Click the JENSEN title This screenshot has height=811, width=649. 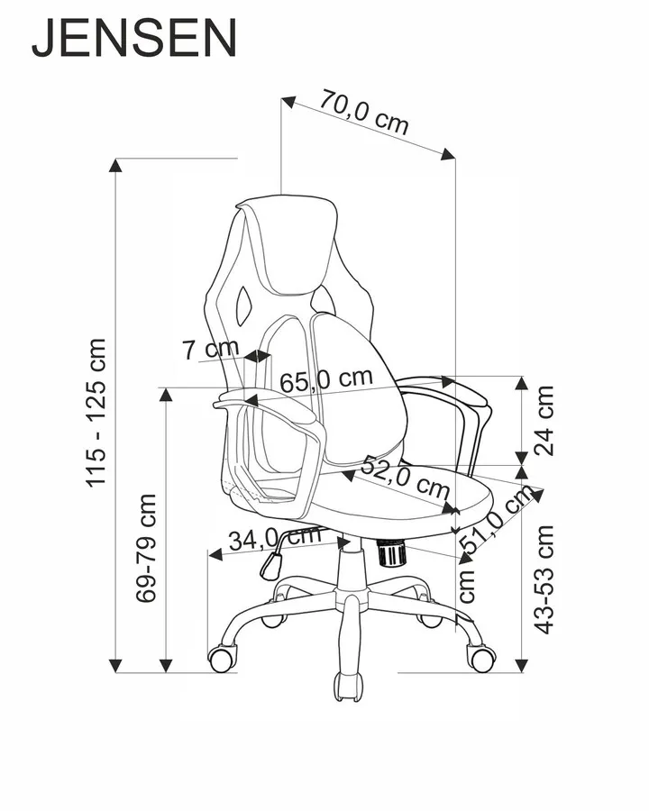pyautogui.click(x=134, y=39)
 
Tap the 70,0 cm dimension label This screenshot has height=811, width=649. pyautogui.click(x=364, y=113)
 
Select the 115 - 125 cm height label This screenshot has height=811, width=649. pyautogui.click(x=96, y=412)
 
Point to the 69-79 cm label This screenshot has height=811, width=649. pyautogui.click(x=146, y=547)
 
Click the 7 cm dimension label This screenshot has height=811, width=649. pyautogui.click(x=210, y=349)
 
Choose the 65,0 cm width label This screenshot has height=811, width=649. pyautogui.click(x=326, y=380)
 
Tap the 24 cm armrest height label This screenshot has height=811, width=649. pyautogui.click(x=543, y=420)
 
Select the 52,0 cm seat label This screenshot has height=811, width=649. pyautogui.click(x=406, y=478)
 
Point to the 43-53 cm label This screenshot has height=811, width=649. pyautogui.click(x=544, y=579)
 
